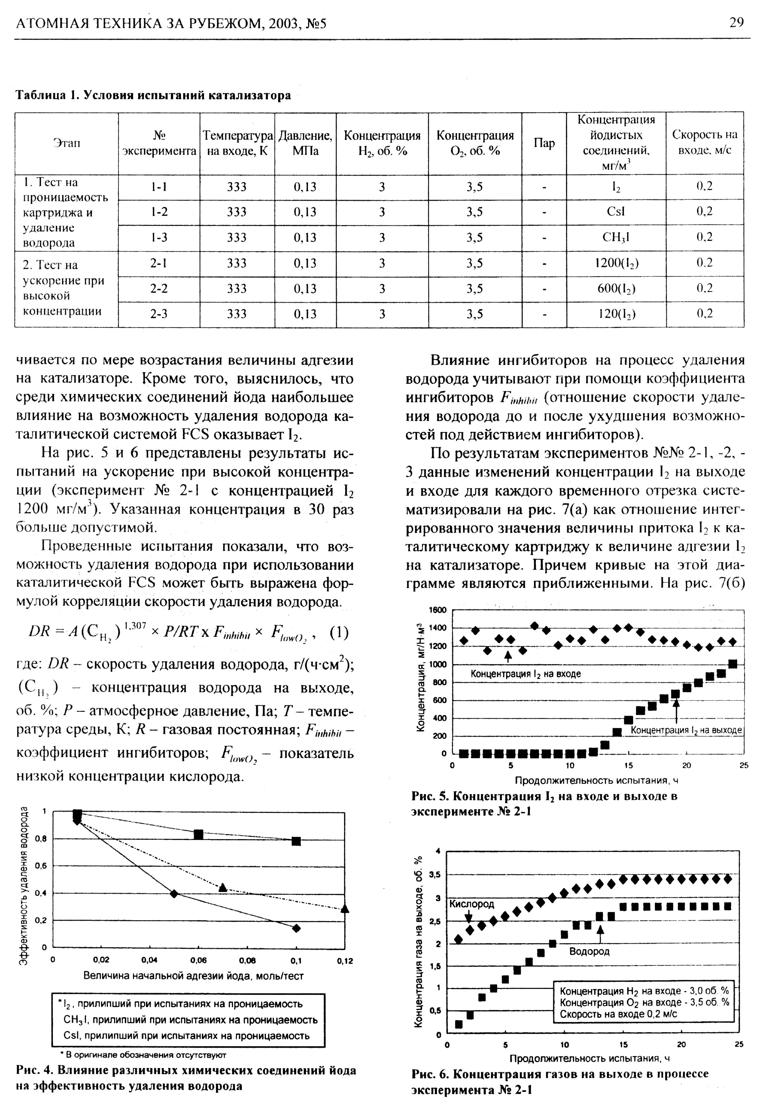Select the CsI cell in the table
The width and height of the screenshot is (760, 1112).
(x=615, y=211)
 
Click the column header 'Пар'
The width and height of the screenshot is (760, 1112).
(x=544, y=143)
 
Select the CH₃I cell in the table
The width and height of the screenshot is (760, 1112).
(x=616, y=237)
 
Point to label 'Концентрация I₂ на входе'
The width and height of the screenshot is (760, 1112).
(x=525, y=674)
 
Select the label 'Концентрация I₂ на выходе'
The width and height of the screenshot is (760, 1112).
(x=686, y=730)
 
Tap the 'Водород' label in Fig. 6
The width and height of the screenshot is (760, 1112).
(x=589, y=951)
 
